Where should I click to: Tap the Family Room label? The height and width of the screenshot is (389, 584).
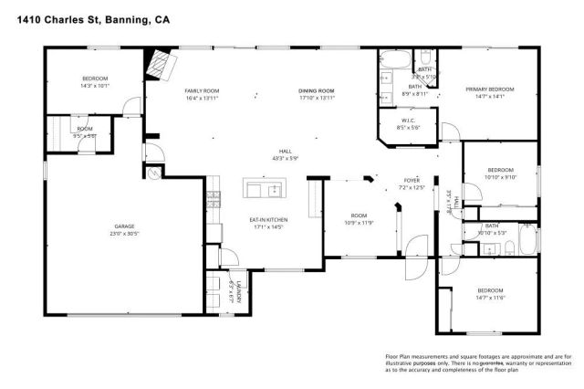coord(202,91)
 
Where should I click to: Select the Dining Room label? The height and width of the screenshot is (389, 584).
coord(317,91)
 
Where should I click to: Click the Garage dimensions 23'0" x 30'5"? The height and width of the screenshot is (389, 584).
coord(124,233)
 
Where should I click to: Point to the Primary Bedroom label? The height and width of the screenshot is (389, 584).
coord(490,89)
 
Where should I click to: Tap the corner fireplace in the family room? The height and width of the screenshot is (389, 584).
coord(162,66)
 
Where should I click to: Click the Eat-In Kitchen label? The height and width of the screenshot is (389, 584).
coord(268,220)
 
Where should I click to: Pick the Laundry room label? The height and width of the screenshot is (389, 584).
coord(236,292)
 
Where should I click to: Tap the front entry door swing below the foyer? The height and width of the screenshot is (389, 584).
coord(415,247)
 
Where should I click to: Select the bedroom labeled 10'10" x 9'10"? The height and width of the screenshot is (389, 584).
coord(499,173)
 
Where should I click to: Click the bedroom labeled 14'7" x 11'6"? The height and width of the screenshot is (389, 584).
coord(490,293)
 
